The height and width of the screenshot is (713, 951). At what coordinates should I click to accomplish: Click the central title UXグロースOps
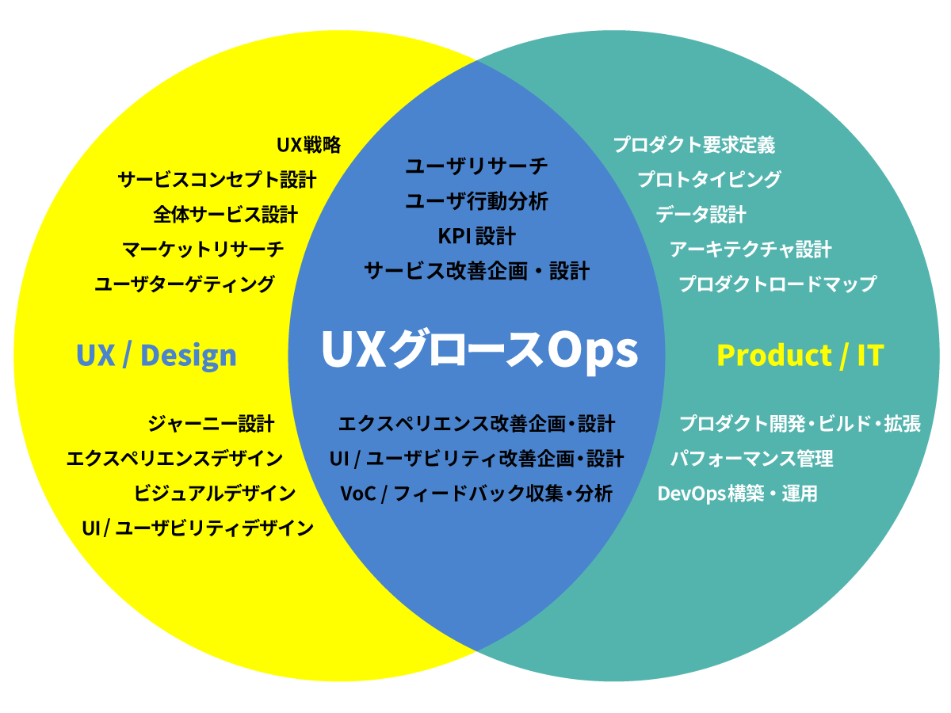tap(479, 349)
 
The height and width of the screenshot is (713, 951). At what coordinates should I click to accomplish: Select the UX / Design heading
tap(156, 356)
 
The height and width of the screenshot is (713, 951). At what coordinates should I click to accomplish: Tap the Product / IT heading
tap(800, 356)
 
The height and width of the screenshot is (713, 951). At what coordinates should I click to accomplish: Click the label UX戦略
tap(309, 145)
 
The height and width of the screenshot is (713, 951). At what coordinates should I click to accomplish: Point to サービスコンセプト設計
tap(217, 180)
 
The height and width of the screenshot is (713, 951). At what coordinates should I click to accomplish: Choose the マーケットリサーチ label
tap(203, 250)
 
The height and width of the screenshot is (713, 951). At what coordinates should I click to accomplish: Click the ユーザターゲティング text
tap(185, 284)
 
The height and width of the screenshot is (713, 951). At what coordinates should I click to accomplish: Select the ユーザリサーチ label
tap(476, 167)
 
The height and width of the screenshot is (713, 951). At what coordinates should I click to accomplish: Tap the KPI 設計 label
tap(476, 236)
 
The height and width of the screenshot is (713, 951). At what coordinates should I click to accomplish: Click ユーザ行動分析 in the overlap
tap(476, 202)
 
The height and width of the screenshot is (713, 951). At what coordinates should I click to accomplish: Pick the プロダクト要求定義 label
tap(694, 145)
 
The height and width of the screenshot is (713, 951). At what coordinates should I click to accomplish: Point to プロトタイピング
tap(709, 180)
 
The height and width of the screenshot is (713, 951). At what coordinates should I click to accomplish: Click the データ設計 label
tap(701, 215)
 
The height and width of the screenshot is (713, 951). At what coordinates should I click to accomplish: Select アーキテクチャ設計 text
tap(750, 250)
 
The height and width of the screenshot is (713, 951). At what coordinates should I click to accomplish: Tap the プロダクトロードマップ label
tap(777, 284)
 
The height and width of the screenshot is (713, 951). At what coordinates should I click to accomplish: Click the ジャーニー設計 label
tap(211, 424)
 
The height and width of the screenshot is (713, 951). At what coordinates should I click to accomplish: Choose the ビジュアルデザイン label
tap(215, 494)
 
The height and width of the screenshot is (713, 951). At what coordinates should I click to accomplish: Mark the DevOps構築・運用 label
tap(738, 494)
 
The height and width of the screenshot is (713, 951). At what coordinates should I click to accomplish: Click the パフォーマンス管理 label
tap(752, 459)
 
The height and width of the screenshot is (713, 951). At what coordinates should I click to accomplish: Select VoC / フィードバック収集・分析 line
tap(476, 494)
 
